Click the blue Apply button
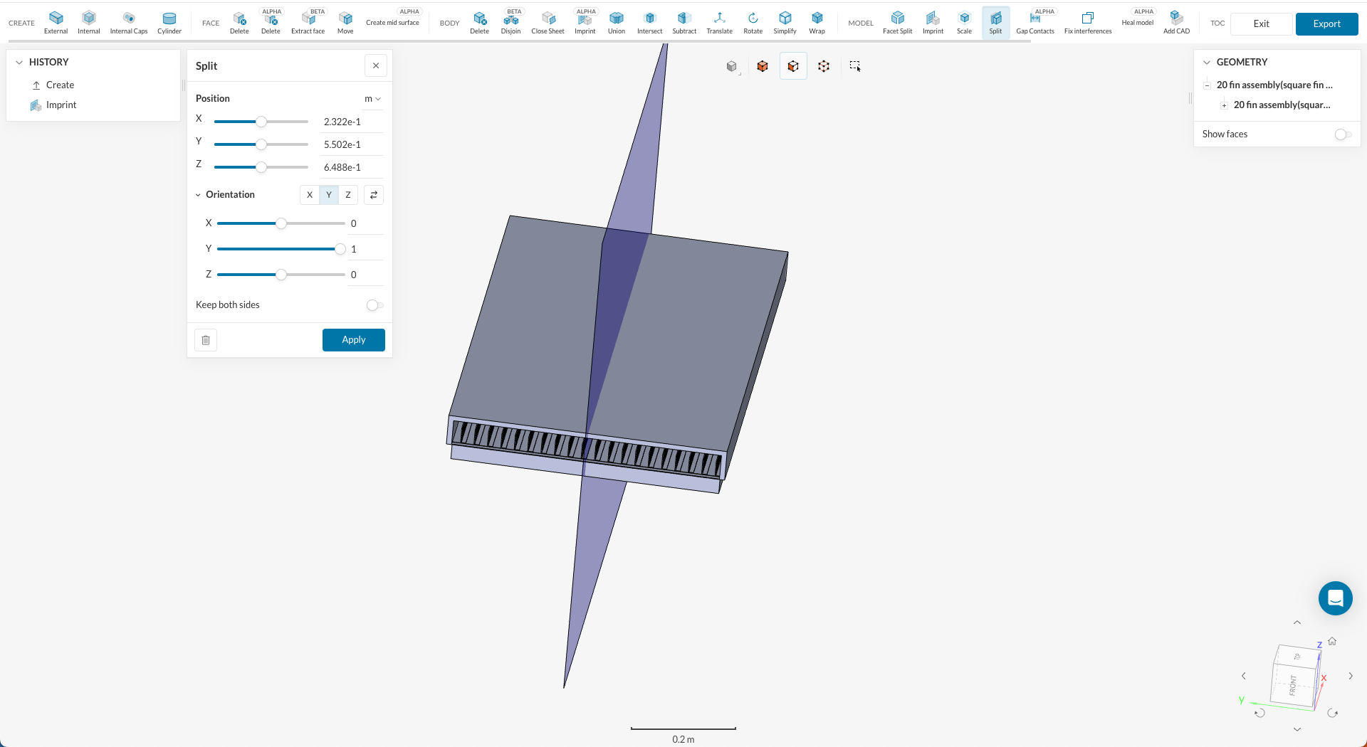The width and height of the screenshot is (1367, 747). pos(353,340)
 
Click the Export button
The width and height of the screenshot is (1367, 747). pos(1326,23)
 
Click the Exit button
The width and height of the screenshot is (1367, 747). pos(1261,23)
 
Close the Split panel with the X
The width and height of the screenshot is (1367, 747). pos(376,65)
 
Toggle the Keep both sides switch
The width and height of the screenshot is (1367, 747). pos(375,305)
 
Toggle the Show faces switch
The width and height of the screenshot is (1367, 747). pos(1342,134)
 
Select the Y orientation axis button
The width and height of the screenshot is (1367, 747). pos(329,195)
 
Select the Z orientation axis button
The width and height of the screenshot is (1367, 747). pos(348,195)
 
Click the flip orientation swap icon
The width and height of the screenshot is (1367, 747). pos(374,195)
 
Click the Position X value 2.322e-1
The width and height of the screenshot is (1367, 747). pos(342,122)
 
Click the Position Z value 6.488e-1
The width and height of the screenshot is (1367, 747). pos(342,167)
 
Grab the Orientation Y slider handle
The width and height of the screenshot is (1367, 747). pos(340,249)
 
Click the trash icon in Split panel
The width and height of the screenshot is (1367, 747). pos(206,340)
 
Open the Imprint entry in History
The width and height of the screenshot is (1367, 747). pos(61,105)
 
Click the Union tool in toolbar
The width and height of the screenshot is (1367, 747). pos(617,22)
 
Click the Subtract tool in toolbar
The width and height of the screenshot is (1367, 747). pos(684,22)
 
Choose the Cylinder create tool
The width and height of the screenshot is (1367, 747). pos(169,22)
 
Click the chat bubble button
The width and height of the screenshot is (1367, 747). pos(1335,598)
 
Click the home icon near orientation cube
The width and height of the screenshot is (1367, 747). pos(1332,641)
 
